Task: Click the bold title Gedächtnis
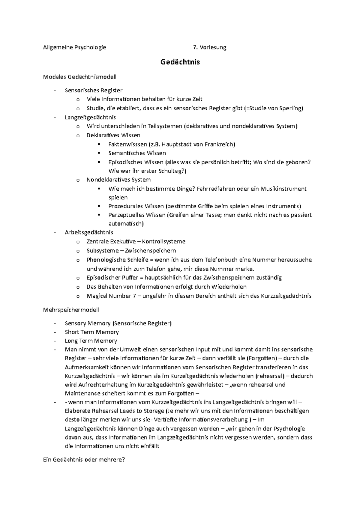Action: point(180,62)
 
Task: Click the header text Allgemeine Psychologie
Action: point(75,47)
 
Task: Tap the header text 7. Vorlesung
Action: point(210,47)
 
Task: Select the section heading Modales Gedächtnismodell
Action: point(80,77)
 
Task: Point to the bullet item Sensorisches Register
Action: point(94,90)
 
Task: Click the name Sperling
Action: point(290,108)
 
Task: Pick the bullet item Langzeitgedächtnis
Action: point(90,117)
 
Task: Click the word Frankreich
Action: point(220,144)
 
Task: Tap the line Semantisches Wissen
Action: point(137,153)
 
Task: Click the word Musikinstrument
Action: point(283,189)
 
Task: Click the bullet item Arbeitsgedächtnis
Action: point(89,232)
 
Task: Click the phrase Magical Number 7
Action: point(109,296)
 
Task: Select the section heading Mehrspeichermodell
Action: point(71,310)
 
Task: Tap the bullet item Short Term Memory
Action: point(92,332)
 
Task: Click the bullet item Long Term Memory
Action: point(91,341)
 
